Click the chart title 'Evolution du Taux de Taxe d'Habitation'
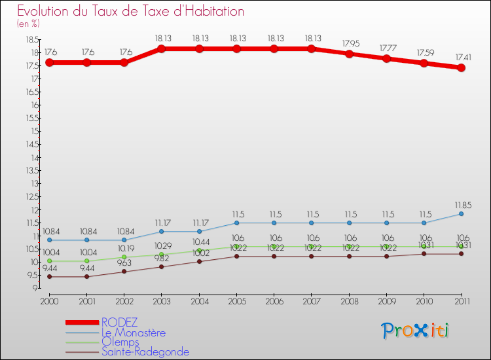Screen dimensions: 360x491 tap(131, 11)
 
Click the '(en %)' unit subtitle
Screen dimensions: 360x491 tap(28, 24)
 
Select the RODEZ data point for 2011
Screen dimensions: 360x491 tap(461, 67)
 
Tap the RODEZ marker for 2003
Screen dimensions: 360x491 tap(162, 48)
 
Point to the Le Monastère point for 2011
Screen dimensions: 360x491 tap(461, 214)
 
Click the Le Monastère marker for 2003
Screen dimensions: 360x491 tap(162, 232)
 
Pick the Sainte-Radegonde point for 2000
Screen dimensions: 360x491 tap(49, 277)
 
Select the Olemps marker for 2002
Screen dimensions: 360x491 tap(124, 257)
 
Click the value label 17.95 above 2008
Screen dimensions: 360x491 tap(349, 44)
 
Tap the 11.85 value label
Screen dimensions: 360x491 tap(461, 205)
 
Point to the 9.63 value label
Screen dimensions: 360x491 tap(124, 263)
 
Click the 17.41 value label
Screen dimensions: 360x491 tap(461, 58)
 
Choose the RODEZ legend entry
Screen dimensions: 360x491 tap(120, 322)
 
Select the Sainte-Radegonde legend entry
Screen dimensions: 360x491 tap(145, 352)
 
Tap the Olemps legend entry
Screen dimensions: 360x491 tap(120, 342)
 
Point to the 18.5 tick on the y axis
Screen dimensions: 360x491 tap(31, 39)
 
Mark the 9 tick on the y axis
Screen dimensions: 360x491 tap(33, 289)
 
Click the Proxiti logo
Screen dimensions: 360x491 tap(416, 331)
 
